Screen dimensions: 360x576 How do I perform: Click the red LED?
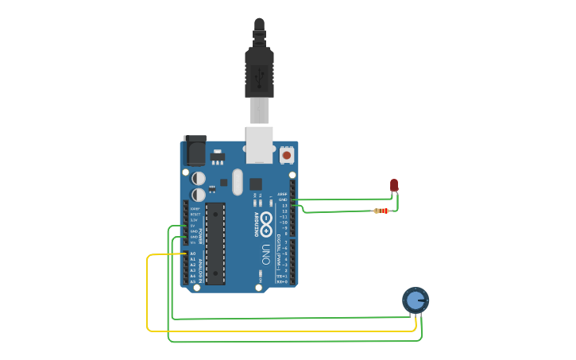coord(394,185)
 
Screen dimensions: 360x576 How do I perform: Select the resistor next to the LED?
coord(382,211)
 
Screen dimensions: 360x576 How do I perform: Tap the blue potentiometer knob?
coord(416,300)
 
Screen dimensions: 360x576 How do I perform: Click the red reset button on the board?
coord(287,156)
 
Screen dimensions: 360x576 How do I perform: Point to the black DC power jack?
coord(195,150)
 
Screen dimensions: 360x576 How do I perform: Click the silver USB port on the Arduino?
coord(259,143)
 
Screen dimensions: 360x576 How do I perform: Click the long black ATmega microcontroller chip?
coord(215,242)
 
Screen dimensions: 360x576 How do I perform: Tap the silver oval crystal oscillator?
coord(237,182)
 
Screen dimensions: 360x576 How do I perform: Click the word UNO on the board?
coord(266,254)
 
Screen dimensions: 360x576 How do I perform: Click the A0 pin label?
coord(192,254)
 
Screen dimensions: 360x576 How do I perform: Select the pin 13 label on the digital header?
coord(284,206)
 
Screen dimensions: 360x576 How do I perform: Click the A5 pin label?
coord(192,281)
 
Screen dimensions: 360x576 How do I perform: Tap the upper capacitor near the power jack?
coord(199,179)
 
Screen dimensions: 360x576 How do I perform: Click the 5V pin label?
coord(192,226)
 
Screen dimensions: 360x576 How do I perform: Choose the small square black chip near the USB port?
coord(255,184)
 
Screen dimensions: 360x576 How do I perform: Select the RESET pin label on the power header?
coord(195,215)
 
